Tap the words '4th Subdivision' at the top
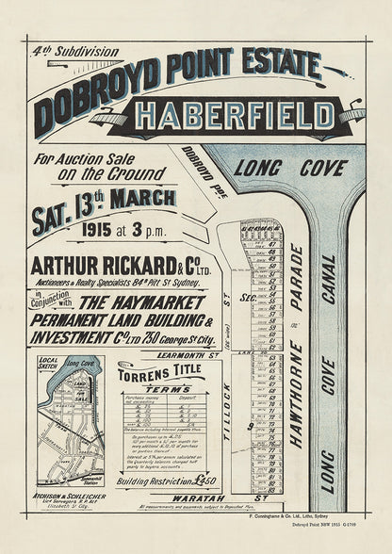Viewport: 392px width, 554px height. tap(64, 52)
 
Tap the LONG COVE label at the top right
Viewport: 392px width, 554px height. tap(303, 168)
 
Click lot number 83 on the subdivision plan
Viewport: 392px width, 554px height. tap(271, 490)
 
